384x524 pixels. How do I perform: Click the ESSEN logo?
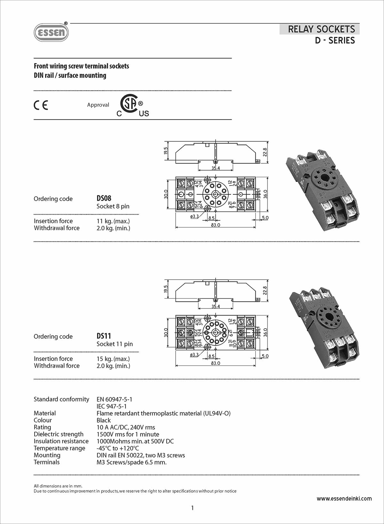tap(51, 32)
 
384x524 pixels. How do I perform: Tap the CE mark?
tap(41, 105)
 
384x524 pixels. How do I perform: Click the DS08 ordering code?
tap(104, 198)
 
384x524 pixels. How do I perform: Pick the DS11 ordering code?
tap(104, 336)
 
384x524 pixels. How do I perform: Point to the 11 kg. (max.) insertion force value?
tap(113, 221)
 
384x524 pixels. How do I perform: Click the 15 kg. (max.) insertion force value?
tap(113, 359)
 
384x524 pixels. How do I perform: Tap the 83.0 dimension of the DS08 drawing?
tap(216, 225)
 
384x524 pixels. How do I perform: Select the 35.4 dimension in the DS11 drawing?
tap(216, 307)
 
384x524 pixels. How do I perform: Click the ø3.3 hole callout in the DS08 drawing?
tap(194, 217)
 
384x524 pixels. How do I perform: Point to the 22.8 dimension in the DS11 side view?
tap(265, 290)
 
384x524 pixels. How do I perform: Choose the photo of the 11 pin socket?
tap(324, 328)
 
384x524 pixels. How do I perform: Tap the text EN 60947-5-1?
tap(114, 399)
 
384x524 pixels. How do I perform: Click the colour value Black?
tap(104, 420)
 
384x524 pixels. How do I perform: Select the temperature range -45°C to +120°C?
tap(118, 448)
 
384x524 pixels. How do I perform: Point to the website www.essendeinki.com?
tap(344, 498)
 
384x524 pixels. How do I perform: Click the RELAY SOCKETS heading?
tap(321, 29)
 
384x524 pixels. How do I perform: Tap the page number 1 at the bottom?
tap(192, 508)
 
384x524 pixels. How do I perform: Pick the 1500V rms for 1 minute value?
tap(128, 434)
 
